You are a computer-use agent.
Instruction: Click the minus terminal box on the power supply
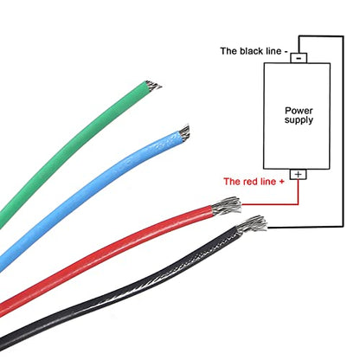click(x=299, y=58)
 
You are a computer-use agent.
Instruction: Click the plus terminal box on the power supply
click(x=298, y=174)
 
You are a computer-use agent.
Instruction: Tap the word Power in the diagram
click(x=299, y=111)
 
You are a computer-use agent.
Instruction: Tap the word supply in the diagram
click(x=299, y=120)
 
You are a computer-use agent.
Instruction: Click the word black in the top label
click(x=252, y=51)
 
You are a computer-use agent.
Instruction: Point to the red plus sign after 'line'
click(x=281, y=182)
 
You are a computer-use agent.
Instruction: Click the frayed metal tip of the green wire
click(x=153, y=86)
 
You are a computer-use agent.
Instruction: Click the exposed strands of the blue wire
click(x=183, y=132)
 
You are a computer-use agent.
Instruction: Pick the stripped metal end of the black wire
click(x=252, y=225)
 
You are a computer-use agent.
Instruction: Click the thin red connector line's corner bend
click(x=298, y=204)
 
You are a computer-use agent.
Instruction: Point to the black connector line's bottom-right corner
click(x=343, y=227)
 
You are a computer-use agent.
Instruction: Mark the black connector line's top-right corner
click(x=343, y=36)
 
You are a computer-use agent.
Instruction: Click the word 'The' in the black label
click(x=229, y=51)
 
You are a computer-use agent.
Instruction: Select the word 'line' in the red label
click(x=268, y=182)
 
